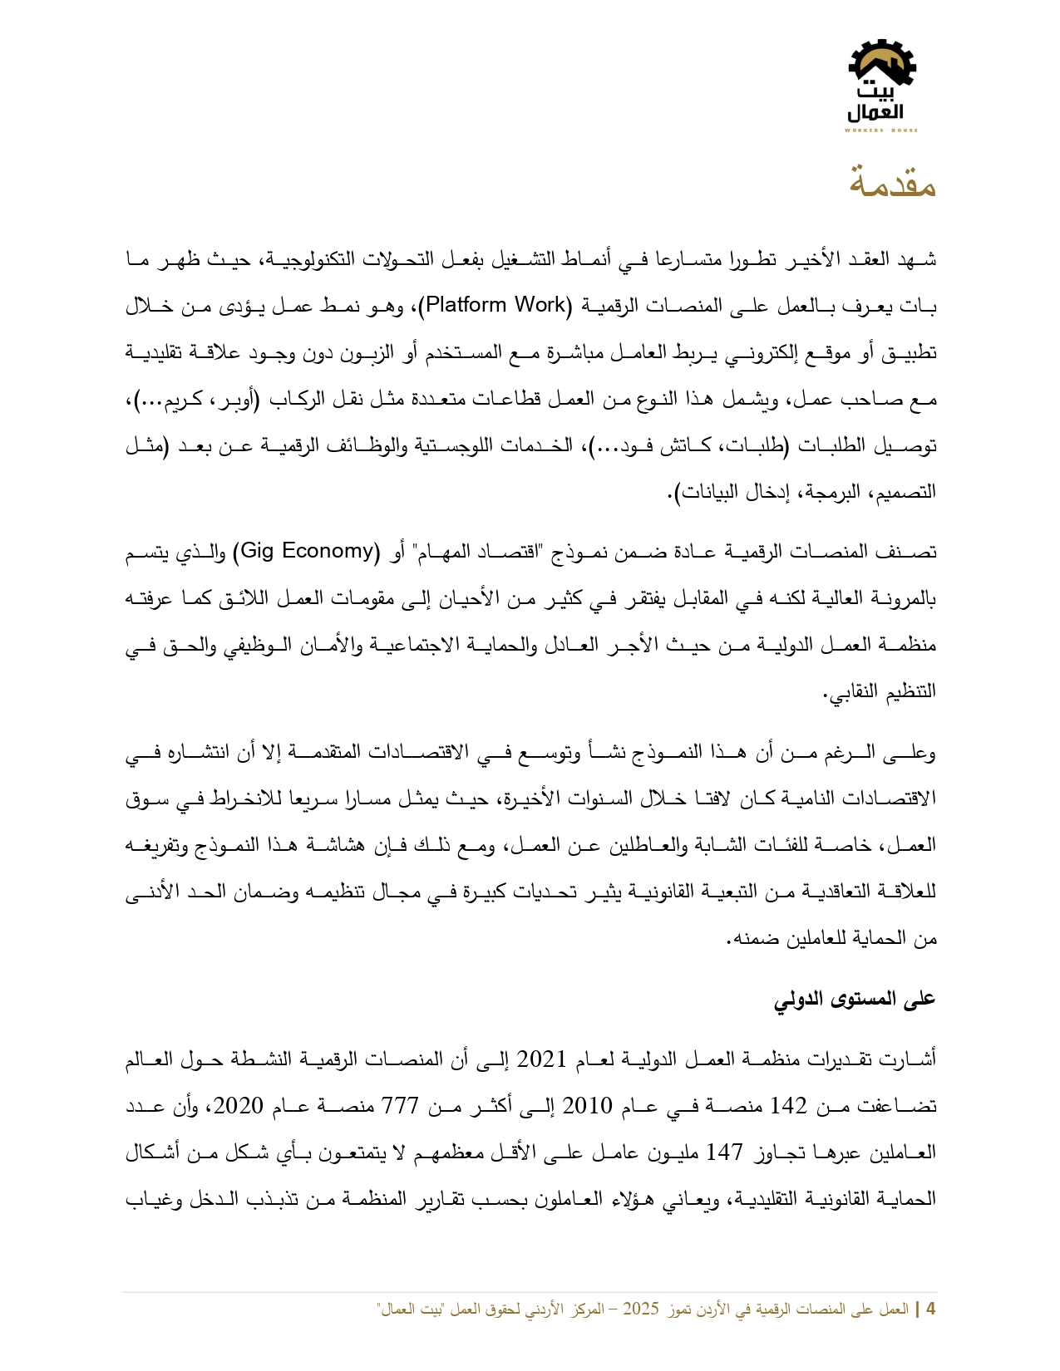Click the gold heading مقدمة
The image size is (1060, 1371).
tap(892, 182)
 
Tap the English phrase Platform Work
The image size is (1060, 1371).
tap(495, 305)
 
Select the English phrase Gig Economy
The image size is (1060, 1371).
tap(307, 551)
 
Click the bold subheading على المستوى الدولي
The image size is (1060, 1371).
tap(855, 999)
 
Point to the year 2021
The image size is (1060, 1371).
tap(542, 1059)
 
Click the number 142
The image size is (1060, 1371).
tap(788, 1106)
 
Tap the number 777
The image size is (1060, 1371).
tap(402, 1106)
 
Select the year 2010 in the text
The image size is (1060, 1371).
tap(588, 1106)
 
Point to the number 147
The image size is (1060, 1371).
tap(724, 1152)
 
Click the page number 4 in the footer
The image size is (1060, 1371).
tap(930, 1310)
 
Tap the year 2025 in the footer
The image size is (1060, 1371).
tap(640, 1310)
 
